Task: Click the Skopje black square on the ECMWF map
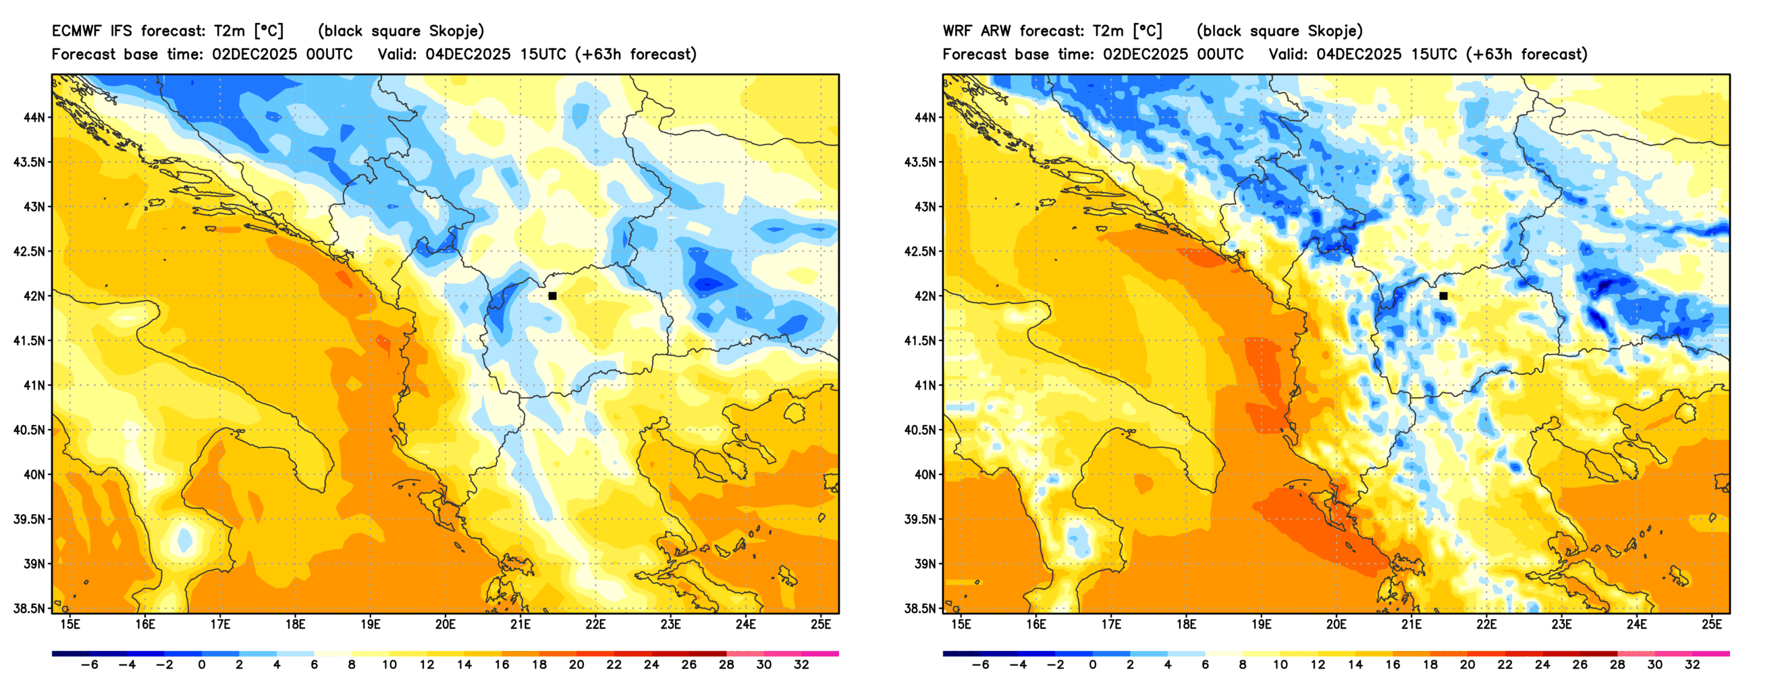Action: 552,296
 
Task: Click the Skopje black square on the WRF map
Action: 1443,296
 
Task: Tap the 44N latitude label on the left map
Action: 33,117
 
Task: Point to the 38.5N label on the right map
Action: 920,608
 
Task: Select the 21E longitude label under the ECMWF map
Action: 520,625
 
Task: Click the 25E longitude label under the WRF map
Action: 1711,625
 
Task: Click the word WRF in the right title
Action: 957,31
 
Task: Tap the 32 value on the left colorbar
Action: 801,665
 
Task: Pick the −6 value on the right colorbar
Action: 979,665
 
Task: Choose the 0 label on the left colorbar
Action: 202,665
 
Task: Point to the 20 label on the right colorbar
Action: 1467,665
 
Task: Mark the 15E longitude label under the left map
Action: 70,625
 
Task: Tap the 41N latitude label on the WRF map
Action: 924,385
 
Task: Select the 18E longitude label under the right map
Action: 1186,625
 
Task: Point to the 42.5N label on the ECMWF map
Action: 29,251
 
